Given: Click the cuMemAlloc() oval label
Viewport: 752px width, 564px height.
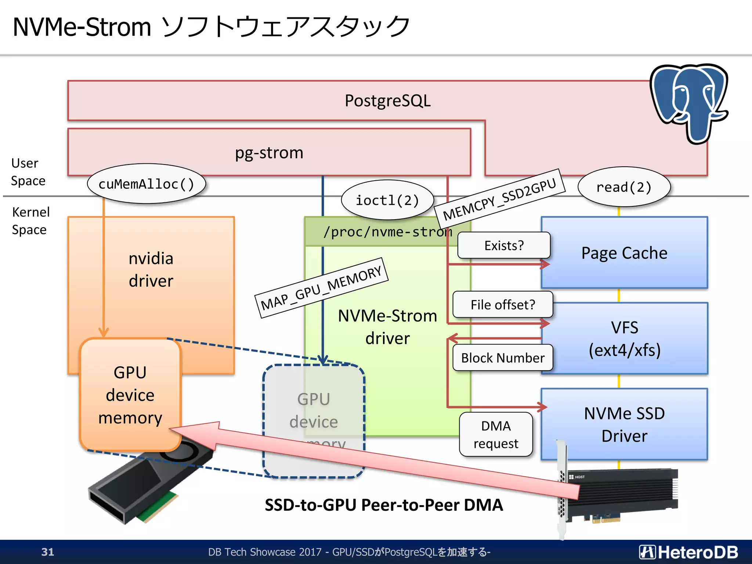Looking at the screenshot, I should click(x=146, y=184).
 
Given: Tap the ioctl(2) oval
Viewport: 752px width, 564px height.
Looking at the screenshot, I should click(x=387, y=200).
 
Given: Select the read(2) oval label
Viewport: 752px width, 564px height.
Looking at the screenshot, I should click(x=624, y=187).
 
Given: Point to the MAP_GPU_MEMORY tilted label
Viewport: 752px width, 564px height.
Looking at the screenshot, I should click(x=321, y=288).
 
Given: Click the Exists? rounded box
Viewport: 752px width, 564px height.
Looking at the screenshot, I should click(x=504, y=245).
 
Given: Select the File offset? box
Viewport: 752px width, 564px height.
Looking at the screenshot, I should click(x=503, y=305).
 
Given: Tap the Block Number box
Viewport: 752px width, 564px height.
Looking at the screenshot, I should click(x=503, y=358).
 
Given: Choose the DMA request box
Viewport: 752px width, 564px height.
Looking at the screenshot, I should click(x=496, y=434).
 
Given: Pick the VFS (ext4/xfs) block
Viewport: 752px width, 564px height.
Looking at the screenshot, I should click(x=624, y=339).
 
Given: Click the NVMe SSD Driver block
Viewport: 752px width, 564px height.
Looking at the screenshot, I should click(x=624, y=424).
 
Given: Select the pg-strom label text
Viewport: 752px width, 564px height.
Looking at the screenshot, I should click(x=269, y=153).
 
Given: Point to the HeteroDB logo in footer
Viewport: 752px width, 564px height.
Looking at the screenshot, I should click(x=688, y=552).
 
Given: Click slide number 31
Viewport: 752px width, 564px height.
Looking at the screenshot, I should click(x=48, y=552).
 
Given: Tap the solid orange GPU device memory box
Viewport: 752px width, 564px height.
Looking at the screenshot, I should click(x=130, y=395).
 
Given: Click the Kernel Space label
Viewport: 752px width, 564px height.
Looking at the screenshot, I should click(x=30, y=221).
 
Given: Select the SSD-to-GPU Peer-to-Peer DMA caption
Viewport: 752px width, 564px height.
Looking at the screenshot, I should click(x=384, y=505).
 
